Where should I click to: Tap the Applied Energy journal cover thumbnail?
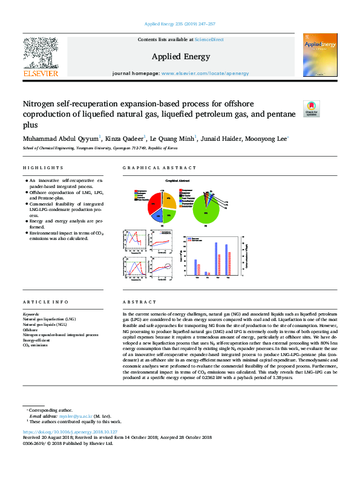tap(319, 56)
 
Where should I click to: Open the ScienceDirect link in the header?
tap(209, 40)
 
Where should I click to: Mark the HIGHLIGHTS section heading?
tap(43, 167)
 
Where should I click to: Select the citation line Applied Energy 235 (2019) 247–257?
tap(180, 24)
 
